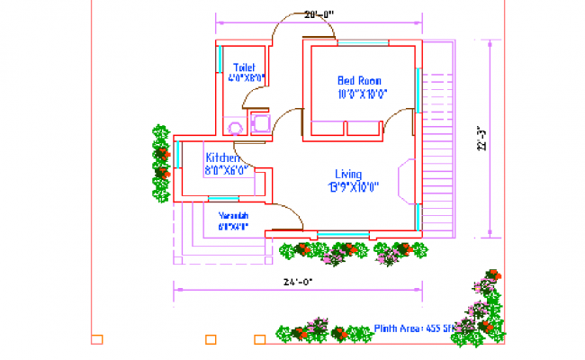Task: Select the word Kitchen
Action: tap(221, 157)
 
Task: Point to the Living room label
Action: tap(348, 174)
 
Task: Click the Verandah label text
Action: tap(232, 216)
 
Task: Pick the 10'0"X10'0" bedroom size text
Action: tap(362, 93)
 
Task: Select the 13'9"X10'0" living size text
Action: tap(353, 187)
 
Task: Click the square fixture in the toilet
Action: tap(261, 121)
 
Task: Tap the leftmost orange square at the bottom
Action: tap(97, 339)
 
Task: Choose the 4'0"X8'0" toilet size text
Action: tap(245, 79)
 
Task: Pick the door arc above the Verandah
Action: tap(287, 213)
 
